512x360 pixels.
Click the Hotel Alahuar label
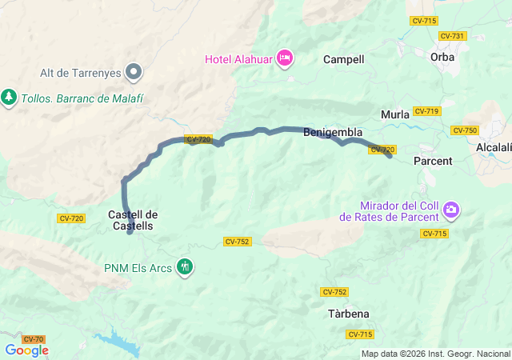pyautogui.click(x=238, y=58)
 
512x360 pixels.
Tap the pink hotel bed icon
pyautogui.click(x=285, y=58)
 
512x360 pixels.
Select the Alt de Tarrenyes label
pyautogui.click(x=81, y=73)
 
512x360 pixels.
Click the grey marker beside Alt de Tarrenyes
pyautogui.click(x=134, y=73)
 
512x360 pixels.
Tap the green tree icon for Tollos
pyautogui.click(x=9, y=97)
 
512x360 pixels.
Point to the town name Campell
pyautogui.click(x=343, y=59)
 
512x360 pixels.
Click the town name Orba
pyautogui.click(x=442, y=57)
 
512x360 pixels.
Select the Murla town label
pyautogui.click(x=395, y=114)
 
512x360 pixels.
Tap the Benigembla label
pyautogui.click(x=333, y=133)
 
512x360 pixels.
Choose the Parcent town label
pyautogui.click(x=433, y=161)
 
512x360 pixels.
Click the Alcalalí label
pyautogui.click(x=494, y=148)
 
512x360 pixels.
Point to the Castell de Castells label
pyautogui.click(x=133, y=220)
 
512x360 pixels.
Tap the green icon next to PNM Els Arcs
pyautogui.click(x=186, y=266)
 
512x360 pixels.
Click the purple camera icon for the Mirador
pyautogui.click(x=452, y=210)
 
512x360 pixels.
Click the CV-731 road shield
pyautogui.click(x=452, y=36)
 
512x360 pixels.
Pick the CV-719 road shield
pyautogui.click(x=426, y=111)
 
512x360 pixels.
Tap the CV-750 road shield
pyautogui.click(x=464, y=130)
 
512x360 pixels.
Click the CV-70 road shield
pyautogui.click(x=34, y=340)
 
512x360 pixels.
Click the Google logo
pyautogui.click(x=26, y=350)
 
